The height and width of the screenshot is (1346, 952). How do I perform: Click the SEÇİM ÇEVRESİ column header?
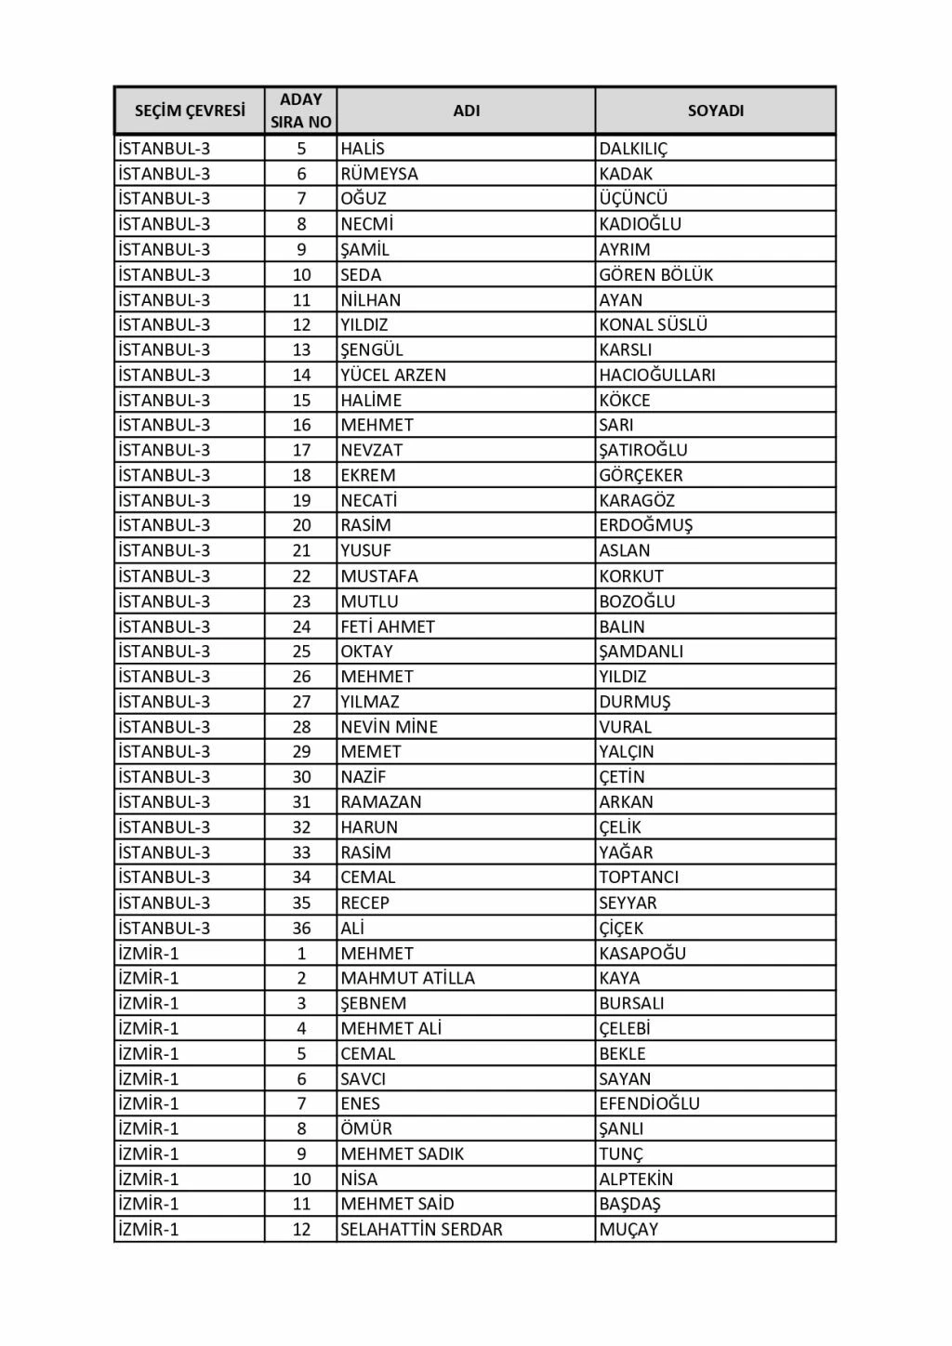[190, 111]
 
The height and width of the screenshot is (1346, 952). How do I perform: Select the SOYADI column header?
[715, 111]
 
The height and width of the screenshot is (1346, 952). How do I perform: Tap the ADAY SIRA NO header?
[300, 111]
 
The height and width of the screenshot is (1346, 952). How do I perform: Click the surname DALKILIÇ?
[633, 149]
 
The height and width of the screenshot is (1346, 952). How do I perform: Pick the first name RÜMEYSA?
[379, 174]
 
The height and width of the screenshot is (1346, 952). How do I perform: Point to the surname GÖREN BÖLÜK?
[655, 274]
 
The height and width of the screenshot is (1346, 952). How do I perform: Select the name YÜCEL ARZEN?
[393, 375]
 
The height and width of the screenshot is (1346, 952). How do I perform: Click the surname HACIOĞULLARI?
[657, 375]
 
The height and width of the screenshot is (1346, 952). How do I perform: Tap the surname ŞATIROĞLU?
[643, 450]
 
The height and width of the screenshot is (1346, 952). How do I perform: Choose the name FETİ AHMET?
[388, 627]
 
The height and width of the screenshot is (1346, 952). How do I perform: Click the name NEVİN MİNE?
[389, 727]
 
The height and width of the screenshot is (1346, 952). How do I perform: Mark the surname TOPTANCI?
[639, 877]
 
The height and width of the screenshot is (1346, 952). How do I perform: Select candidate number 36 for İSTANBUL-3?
[301, 928]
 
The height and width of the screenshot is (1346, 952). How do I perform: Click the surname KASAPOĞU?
[642, 953]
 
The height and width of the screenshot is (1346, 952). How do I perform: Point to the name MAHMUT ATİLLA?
[407, 978]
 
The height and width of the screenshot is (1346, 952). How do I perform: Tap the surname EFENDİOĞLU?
[649, 1103]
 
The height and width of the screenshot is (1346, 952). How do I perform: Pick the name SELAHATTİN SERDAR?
[421, 1229]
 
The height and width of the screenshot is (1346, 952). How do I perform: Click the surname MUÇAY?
[628, 1229]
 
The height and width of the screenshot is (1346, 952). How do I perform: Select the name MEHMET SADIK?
[402, 1154]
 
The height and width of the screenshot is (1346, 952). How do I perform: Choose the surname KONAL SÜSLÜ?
[653, 324]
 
